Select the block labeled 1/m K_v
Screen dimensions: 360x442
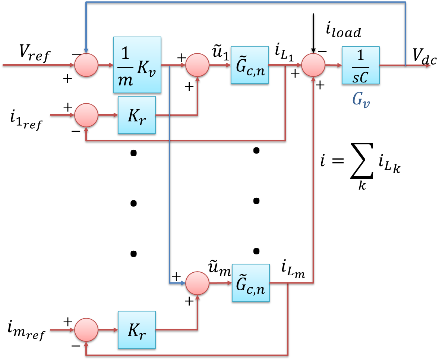(137, 65)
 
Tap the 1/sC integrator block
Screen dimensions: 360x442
(361, 65)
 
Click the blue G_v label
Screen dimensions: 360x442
(361, 100)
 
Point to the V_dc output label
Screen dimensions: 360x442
(424, 56)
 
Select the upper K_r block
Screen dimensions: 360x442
(136, 115)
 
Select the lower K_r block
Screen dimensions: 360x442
(136, 330)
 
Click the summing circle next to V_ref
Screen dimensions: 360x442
(86, 65)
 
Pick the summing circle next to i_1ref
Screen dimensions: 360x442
(86, 115)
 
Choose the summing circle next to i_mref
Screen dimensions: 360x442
(86, 330)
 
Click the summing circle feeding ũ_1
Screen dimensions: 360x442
(198, 65)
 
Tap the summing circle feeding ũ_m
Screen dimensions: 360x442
(198, 283)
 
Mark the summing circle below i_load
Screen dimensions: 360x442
(313, 65)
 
